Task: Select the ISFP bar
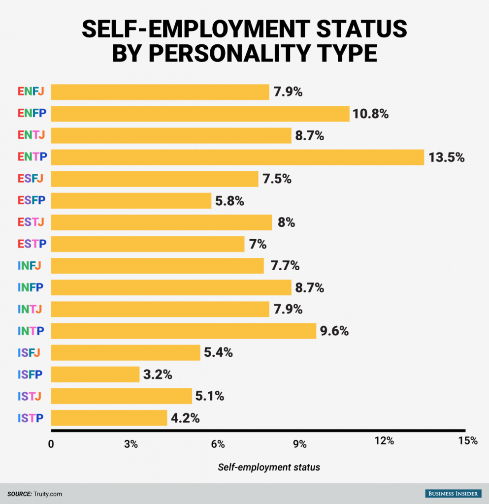(x=95, y=375)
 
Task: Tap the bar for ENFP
(x=200, y=114)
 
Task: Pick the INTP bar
(x=183, y=331)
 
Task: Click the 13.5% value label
(x=447, y=157)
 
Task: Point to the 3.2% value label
(x=158, y=375)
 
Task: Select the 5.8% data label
(x=229, y=201)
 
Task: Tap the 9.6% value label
(x=334, y=331)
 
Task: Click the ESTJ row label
(x=31, y=222)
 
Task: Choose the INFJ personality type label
(x=29, y=266)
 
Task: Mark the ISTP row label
(x=30, y=418)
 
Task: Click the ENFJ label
(x=31, y=92)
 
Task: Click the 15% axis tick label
(x=467, y=441)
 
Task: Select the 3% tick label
(x=130, y=444)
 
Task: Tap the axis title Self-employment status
(x=269, y=467)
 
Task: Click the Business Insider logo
(x=453, y=493)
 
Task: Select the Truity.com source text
(x=48, y=494)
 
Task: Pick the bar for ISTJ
(x=121, y=396)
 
